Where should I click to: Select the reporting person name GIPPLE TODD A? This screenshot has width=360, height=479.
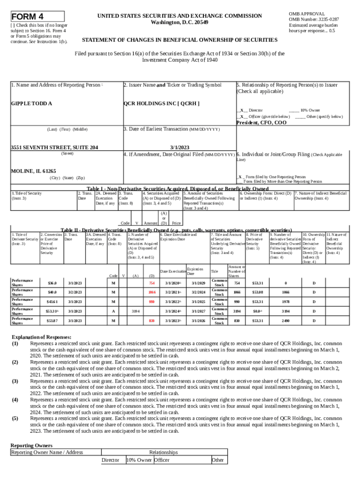[31, 103]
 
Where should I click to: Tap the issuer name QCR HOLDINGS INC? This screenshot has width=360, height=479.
[161, 103]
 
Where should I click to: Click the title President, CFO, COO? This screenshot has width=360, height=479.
[261, 123]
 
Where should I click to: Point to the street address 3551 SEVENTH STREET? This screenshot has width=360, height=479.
[54, 147]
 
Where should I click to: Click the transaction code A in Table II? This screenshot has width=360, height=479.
[113, 311]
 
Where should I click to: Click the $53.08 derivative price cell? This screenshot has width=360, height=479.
[258, 292]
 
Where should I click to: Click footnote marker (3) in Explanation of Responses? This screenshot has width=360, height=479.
[15, 381]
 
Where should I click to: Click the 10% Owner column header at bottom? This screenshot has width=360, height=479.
[139, 460]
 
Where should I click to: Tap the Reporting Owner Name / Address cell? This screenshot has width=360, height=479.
[47, 452]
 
